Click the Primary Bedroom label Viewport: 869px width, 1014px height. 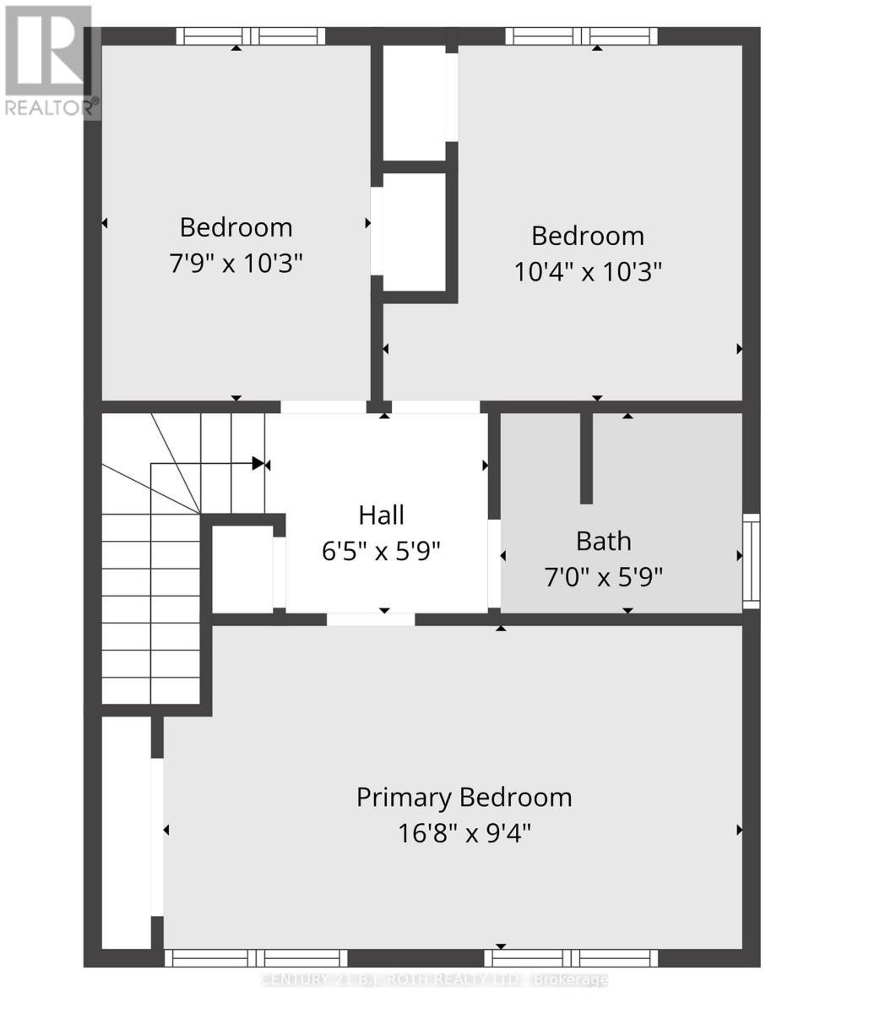coord(464,797)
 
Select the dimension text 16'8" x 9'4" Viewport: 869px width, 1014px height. coord(464,833)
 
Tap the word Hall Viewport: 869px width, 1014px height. coord(381,515)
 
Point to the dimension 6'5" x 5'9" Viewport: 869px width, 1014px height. coord(381,552)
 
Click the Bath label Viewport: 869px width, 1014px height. coord(603,540)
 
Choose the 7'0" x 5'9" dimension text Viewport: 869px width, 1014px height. coord(603,577)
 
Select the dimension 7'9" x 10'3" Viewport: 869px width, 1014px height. coord(236,264)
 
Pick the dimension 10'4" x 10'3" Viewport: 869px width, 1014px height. coord(587,272)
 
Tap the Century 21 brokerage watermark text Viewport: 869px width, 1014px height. coord(434,979)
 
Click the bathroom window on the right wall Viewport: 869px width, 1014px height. coord(751,561)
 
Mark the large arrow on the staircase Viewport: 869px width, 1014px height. coord(258,463)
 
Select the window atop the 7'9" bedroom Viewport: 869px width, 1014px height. coord(250,36)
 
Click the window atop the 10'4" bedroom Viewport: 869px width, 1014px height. coord(581,36)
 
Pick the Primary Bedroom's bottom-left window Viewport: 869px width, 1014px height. coord(256,958)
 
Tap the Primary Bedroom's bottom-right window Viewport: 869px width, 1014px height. coord(571,958)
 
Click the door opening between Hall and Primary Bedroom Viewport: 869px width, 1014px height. coord(371,619)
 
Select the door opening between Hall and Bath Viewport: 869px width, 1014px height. coord(494,564)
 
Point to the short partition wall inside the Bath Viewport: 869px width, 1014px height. coord(586,458)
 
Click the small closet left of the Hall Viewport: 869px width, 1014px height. coord(242,569)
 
